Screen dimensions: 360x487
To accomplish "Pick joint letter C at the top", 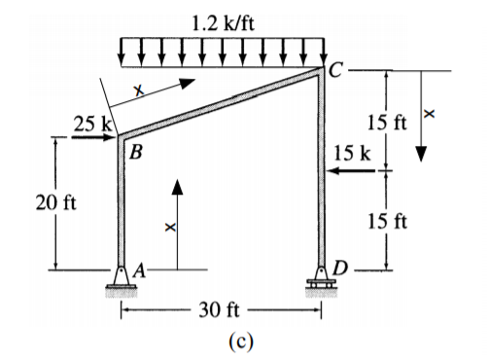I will [334, 69].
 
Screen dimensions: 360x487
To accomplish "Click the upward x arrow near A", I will [177, 225].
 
